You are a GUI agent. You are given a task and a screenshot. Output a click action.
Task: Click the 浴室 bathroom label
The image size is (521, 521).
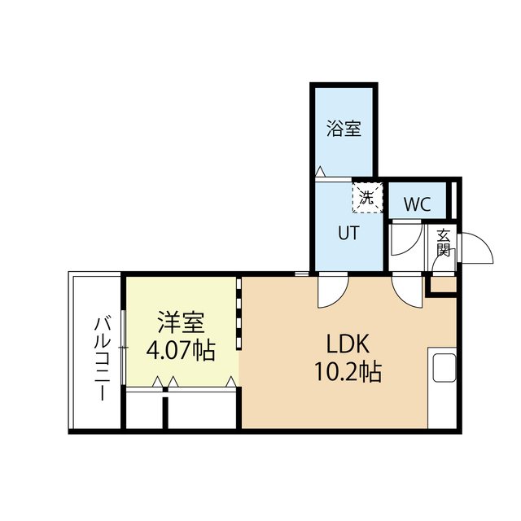pyautogui.click(x=344, y=129)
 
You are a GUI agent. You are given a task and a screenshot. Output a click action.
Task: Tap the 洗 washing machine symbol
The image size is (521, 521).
pyautogui.click(x=366, y=197)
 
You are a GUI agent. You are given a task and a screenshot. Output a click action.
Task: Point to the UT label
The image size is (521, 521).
pyautogui.click(x=348, y=233)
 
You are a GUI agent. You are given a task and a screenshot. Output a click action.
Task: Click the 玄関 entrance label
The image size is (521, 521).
pyautogui.click(x=443, y=243)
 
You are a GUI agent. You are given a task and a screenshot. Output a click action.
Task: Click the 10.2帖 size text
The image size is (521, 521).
pyautogui.click(x=348, y=373)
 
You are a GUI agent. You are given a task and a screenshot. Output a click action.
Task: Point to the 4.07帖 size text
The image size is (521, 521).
pyautogui.click(x=181, y=352)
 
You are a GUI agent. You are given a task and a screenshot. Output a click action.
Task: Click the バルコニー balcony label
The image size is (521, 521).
pyautogui.click(x=102, y=357)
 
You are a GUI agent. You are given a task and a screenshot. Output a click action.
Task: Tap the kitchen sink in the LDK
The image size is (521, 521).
pyautogui.click(x=443, y=369)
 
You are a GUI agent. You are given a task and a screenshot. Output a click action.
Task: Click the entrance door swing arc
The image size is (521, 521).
pyautogui.click(x=480, y=248)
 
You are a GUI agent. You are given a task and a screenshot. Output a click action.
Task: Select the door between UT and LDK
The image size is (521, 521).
pyautogui.click(x=331, y=288)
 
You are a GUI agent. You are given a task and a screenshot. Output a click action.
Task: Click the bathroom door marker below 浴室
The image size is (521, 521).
pyautogui.click(x=321, y=172)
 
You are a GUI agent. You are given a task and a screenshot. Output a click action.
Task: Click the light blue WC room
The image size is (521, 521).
pyautogui.click(x=417, y=203)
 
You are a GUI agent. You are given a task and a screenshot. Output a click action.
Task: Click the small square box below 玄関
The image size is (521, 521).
pyautogui.click(x=444, y=285)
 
